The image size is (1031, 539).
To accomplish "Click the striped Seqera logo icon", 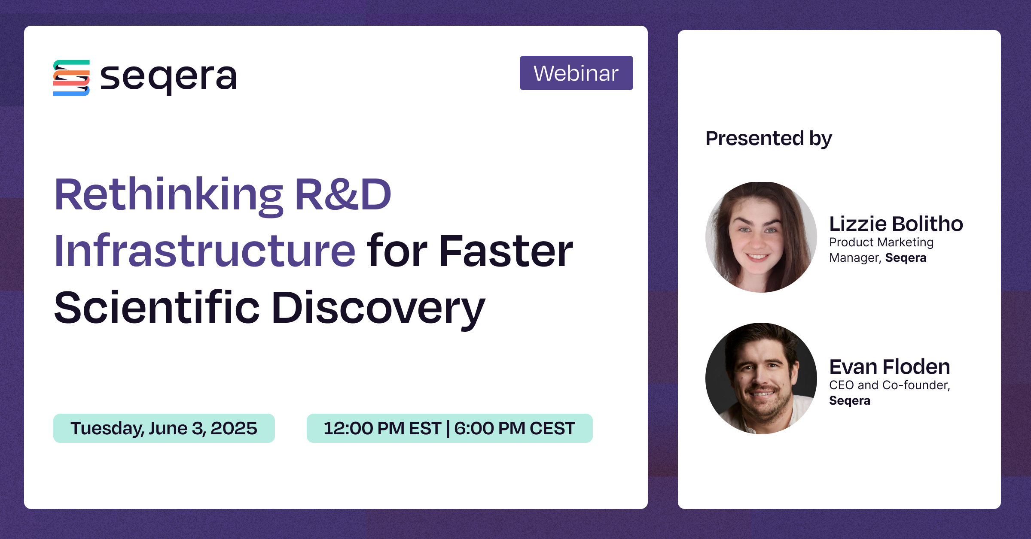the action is (x=71, y=78).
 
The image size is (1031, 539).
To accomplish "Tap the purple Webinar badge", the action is (x=576, y=73).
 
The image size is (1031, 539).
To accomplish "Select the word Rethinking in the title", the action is (x=169, y=196).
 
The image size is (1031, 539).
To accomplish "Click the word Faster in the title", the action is (x=506, y=251).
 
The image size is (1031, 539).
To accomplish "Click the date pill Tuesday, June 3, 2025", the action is (x=164, y=428).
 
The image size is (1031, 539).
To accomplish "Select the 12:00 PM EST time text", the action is (x=382, y=428).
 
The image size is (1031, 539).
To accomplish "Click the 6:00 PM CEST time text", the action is (x=515, y=428).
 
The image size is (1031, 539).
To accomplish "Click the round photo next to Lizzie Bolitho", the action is (x=761, y=237).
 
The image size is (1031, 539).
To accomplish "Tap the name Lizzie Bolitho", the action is (x=896, y=224).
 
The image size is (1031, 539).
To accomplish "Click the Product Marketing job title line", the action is (x=882, y=242).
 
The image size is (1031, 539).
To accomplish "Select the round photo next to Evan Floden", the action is (x=761, y=379).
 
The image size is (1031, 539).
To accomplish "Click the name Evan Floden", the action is (x=890, y=367).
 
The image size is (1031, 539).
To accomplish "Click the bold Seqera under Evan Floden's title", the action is (x=850, y=401).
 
